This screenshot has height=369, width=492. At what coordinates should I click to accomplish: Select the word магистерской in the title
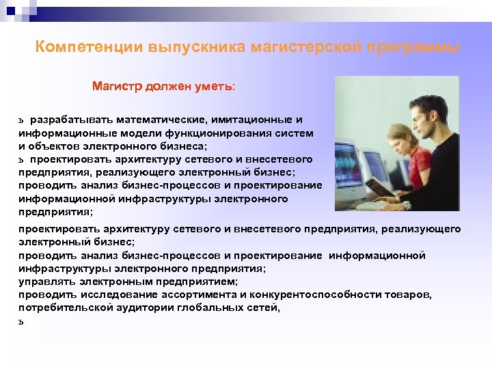tap(306, 48)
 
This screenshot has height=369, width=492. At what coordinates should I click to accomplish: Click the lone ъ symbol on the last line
tap(22, 321)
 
